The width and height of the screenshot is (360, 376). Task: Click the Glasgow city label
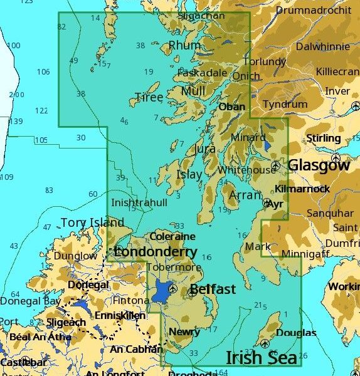[x=319, y=165]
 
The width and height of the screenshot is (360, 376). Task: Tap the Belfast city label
[x=213, y=289]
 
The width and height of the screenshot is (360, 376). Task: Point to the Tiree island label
[x=149, y=97]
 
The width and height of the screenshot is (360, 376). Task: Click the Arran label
[x=241, y=196]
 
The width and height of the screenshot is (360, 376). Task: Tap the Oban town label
[x=231, y=107]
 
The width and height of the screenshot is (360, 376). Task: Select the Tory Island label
[x=92, y=222]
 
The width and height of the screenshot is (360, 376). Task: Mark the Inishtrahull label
[x=139, y=202]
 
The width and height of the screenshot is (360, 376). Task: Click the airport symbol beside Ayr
[x=267, y=203]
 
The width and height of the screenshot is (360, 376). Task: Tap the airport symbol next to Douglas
[x=265, y=343]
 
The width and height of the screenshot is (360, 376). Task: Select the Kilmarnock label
[x=302, y=188]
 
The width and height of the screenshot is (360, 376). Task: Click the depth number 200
[x=17, y=95]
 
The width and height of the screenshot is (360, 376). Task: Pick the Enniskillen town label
[x=120, y=315]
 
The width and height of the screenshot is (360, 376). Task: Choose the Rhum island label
[x=185, y=45]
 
